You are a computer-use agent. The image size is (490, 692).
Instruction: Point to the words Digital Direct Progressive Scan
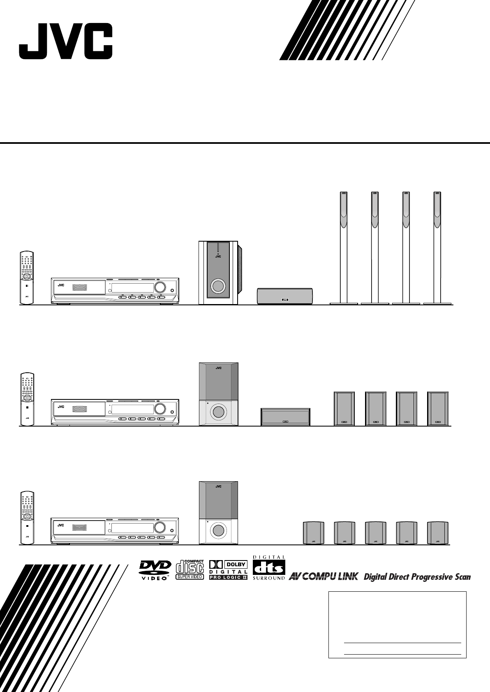[417, 577]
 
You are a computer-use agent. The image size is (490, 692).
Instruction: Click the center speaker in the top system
[284, 296]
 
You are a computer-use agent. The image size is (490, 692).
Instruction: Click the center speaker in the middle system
[285, 417]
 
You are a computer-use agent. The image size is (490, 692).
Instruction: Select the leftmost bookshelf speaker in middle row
[344, 408]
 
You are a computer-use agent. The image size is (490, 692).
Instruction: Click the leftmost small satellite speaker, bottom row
[313, 533]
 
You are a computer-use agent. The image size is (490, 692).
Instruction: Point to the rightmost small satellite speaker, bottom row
[437, 533]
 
